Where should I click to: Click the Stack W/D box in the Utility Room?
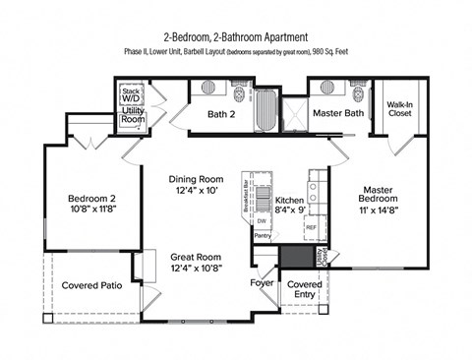pos(130,94)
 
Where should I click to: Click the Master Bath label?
pos(339,114)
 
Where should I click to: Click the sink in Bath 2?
pos(209,87)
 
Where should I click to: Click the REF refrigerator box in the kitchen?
pos(311,227)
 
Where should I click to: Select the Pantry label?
pos(263,236)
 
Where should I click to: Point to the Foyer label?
pos(262,284)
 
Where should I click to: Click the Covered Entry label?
pos(303,289)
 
